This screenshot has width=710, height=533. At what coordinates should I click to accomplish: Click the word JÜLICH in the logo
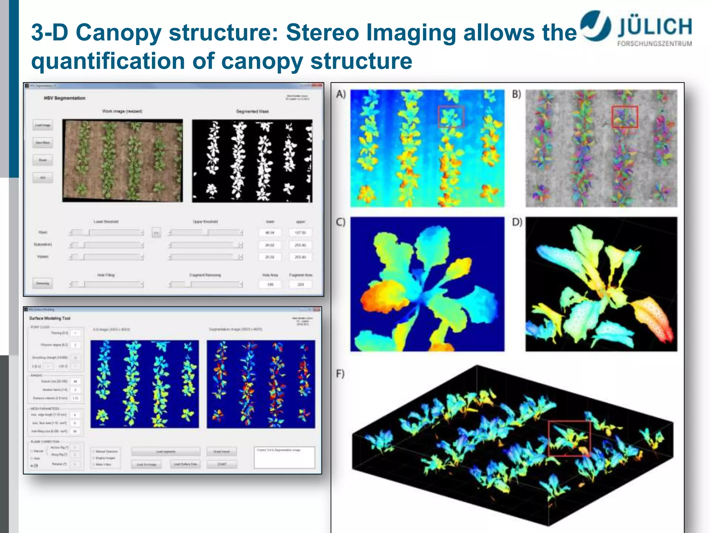point(655,27)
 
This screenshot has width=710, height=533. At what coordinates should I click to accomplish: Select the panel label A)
point(341,94)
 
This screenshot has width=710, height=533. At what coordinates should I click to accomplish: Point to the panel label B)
point(517,94)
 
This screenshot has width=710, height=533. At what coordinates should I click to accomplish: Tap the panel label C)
point(341,222)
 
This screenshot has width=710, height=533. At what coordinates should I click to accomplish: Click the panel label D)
point(517,222)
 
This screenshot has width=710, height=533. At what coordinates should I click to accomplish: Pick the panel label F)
point(340,374)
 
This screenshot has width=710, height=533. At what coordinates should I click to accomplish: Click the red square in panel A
point(451,117)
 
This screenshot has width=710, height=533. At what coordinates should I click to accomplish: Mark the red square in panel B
point(625,117)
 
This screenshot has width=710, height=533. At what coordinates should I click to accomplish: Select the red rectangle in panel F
point(569,438)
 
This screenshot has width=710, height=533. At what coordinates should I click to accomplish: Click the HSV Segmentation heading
point(64,98)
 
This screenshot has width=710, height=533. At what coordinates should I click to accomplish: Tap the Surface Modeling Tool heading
point(50,318)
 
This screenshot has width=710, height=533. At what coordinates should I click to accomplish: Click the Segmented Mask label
point(252,111)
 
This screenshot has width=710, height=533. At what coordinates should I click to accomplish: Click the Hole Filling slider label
point(106,275)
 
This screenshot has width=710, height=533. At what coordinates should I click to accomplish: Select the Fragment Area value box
point(301,285)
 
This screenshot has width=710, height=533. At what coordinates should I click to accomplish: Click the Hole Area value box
point(270,285)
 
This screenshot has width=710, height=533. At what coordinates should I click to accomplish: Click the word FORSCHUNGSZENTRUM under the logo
point(654,44)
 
